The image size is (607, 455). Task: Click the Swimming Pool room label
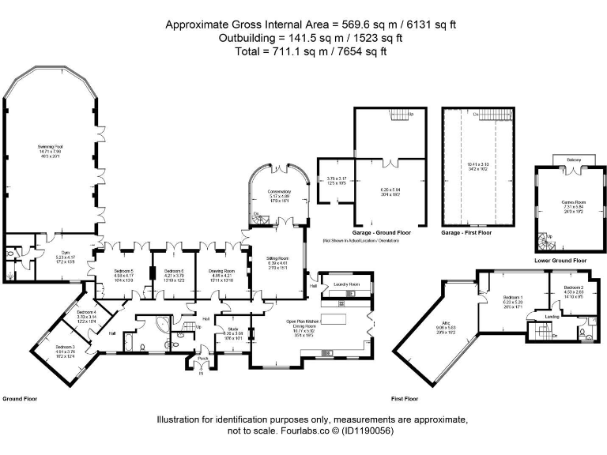(50, 147)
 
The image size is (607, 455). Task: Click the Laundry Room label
(347, 284)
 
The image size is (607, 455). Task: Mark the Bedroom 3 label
(66, 347)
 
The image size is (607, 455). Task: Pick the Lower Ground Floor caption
(560, 260)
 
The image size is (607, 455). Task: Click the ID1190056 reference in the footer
(364, 431)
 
